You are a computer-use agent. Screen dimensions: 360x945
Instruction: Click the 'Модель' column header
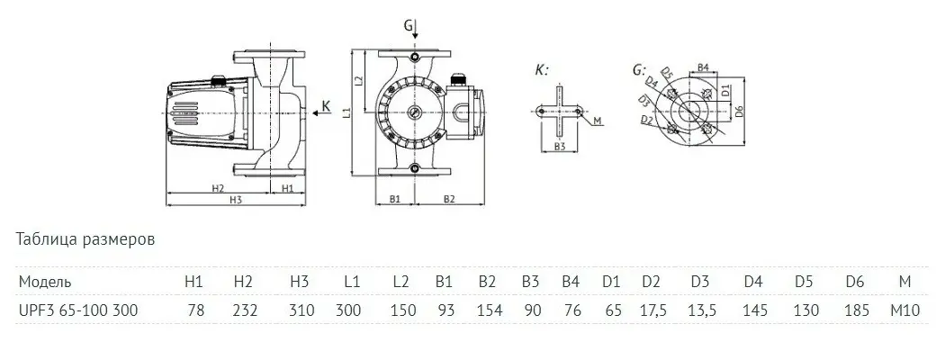(x=42, y=282)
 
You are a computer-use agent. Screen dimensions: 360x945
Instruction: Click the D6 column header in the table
(x=856, y=282)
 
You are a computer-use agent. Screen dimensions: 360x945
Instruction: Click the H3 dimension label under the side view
(x=236, y=200)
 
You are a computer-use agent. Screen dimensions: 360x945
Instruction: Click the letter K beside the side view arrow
(x=325, y=106)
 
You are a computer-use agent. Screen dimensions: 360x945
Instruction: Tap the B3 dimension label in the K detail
(x=559, y=146)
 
